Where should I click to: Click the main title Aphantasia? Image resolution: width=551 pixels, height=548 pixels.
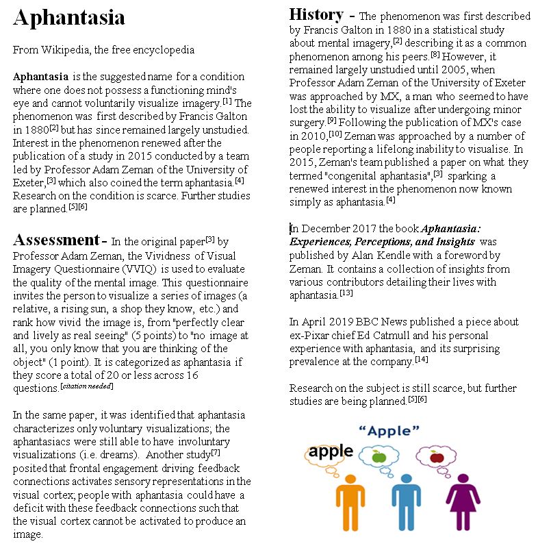point(68,18)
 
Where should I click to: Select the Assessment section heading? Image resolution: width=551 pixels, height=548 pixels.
point(56,240)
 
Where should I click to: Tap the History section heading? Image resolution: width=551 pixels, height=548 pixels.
point(316,14)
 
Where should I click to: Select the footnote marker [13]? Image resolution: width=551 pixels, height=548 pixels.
point(346,294)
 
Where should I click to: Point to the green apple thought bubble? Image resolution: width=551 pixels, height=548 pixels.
point(379,456)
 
